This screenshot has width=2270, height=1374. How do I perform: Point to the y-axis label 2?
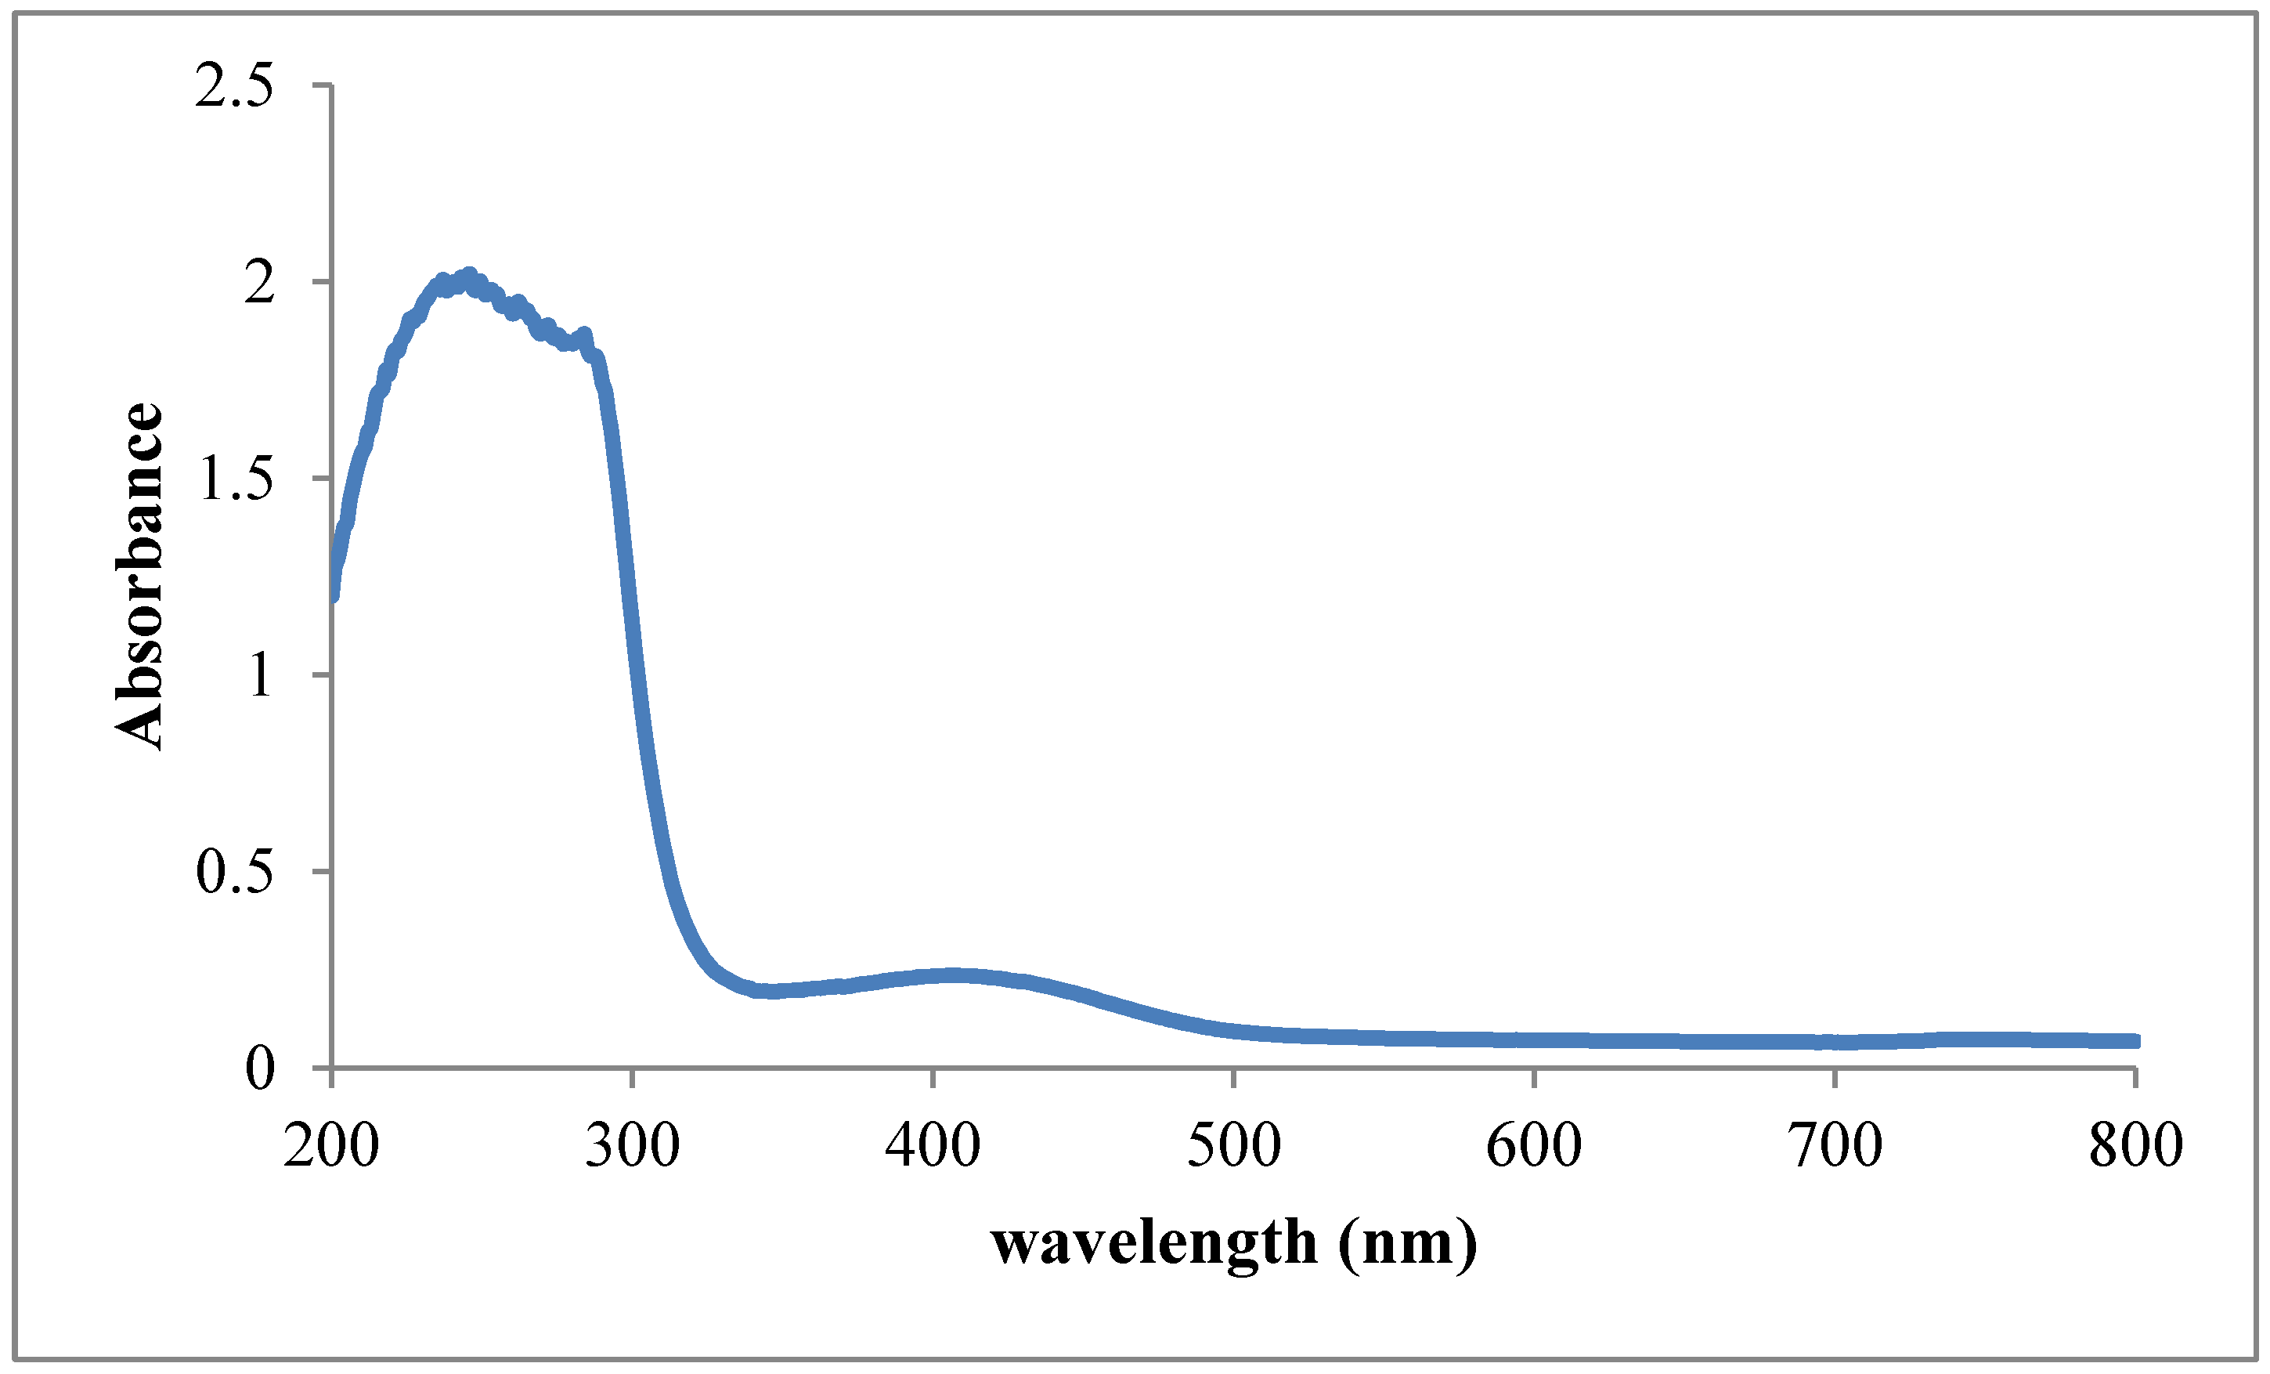coord(260,283)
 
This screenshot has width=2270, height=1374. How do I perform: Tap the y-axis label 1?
coord(261,675)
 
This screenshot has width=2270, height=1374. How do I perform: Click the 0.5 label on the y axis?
coord(234,872)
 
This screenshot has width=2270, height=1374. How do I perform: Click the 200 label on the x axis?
coord(330,1146)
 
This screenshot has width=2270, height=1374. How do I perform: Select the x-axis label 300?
coord(632,1146)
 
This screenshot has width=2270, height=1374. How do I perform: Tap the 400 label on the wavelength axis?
coord(933,1146)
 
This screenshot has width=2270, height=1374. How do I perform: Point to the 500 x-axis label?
coord(1233,1146)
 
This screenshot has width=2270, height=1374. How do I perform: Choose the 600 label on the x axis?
coord(1534,1146)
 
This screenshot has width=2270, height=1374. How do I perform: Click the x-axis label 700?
coord(1835,1146)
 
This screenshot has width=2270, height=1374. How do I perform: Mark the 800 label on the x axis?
coord(2135,1146)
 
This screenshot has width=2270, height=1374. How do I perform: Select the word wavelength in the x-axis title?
coord(1153,1244)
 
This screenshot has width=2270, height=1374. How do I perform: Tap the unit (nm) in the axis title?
coord(1408,1244)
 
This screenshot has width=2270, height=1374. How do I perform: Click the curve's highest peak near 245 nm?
coord(469,277)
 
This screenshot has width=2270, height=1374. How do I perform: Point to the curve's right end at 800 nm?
coord(2134,1041)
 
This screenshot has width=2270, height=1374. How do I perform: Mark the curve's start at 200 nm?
coord(333,595)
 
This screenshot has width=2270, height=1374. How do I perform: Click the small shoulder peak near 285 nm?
coord(583,335)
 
